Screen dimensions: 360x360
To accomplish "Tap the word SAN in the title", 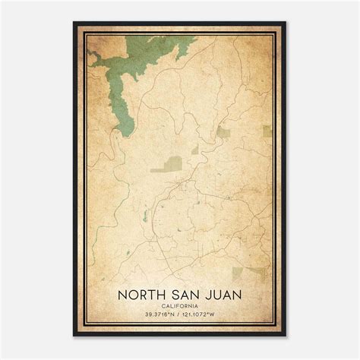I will (183, 292).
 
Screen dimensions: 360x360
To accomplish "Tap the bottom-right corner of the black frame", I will (286, 336).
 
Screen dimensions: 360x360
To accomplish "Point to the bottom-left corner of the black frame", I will (74, 336).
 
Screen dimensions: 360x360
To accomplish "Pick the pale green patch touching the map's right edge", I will (267, 131).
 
